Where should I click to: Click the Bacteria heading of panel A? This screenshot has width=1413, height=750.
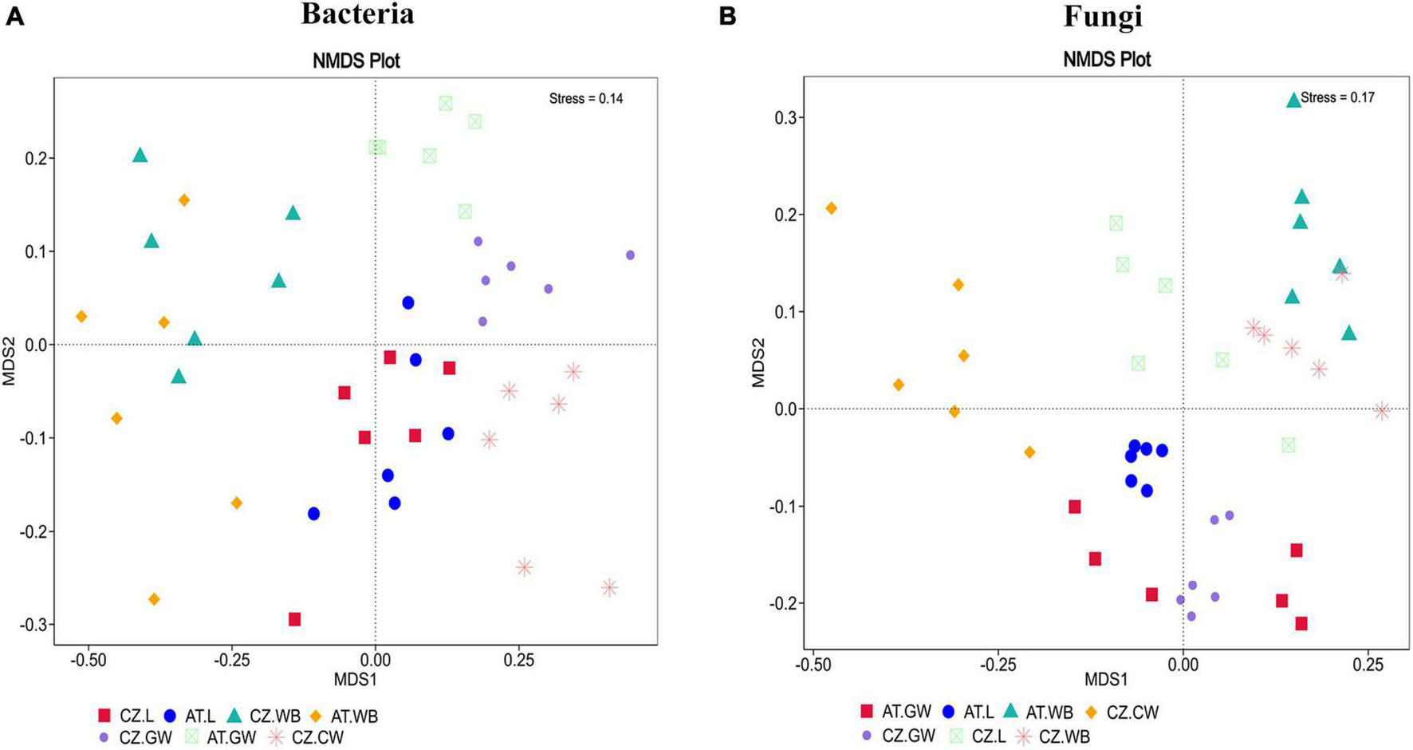[x=357, y=14]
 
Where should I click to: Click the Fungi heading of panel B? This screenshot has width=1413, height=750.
[x=1103, y=15]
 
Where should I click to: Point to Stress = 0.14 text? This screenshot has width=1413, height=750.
[x=586, y=99]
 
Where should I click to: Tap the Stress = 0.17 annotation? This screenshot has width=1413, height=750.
[x=1337, y=98]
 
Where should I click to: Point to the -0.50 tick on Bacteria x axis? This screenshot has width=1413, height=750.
[x=88, y=661]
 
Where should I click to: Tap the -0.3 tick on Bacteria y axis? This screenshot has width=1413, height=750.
[x=34, y=625]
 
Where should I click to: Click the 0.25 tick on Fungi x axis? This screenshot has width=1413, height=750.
[x=1368, y=664]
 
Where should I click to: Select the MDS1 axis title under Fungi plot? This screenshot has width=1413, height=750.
[x=1106, y=680]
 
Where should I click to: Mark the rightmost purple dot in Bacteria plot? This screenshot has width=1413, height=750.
[x=630, y=255]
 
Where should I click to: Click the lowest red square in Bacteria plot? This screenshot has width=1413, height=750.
[x=294, y=619]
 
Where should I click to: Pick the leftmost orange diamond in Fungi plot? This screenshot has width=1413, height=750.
[x=831, y=208]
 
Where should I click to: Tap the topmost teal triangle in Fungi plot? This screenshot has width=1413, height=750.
[x=1293, y=101]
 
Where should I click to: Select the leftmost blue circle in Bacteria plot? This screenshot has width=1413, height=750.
[x=313, y=514]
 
